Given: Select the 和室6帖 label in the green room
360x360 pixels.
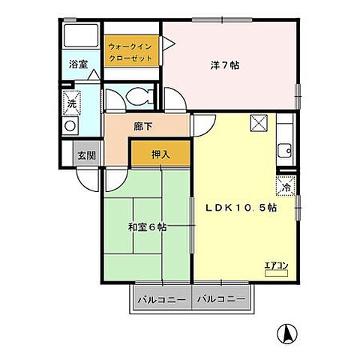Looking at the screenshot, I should pos(147,226).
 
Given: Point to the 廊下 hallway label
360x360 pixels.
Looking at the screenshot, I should pos(143,127).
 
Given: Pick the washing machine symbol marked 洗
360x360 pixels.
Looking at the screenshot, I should pos(72,99).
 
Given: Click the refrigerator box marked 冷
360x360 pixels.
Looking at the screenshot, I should pos(286,187).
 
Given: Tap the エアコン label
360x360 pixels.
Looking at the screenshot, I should pos(276,264).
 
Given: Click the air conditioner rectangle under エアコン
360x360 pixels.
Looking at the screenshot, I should pos(276,273).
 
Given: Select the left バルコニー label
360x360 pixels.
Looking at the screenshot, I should pos(162,299).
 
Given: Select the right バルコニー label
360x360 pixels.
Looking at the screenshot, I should pos(221,299).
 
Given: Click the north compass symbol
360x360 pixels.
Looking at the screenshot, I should pos(287,333).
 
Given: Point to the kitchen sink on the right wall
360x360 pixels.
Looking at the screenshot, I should pos(284,150).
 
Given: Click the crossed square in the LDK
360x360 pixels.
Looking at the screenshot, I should pos(258,123).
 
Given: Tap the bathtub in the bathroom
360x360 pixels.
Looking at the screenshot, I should pos(79,34).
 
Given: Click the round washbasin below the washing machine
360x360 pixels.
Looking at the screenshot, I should pos(71,125).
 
